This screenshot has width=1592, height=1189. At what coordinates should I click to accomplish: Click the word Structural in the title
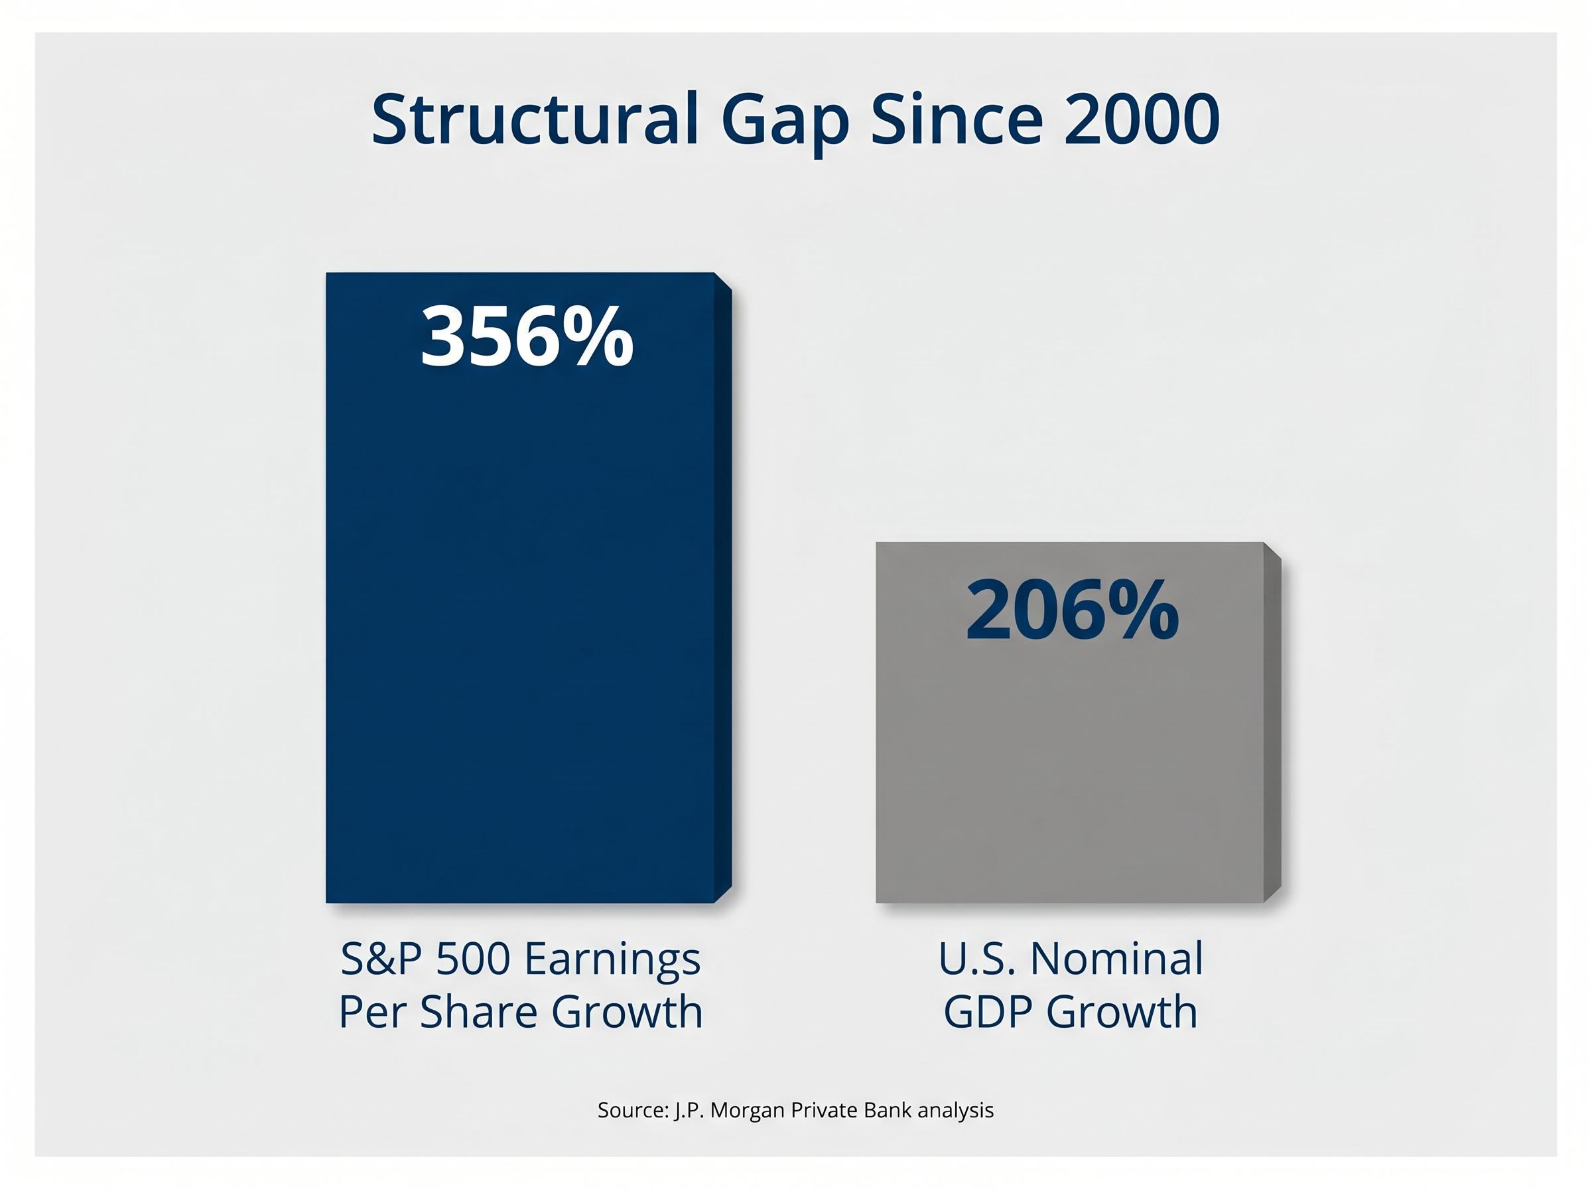pos(535,119)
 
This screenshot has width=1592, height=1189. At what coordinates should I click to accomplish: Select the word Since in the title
pos(956,119)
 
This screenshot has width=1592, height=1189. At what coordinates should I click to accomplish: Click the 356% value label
pos(527,337)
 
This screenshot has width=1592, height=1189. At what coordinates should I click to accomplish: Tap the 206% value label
pos(1071,610)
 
